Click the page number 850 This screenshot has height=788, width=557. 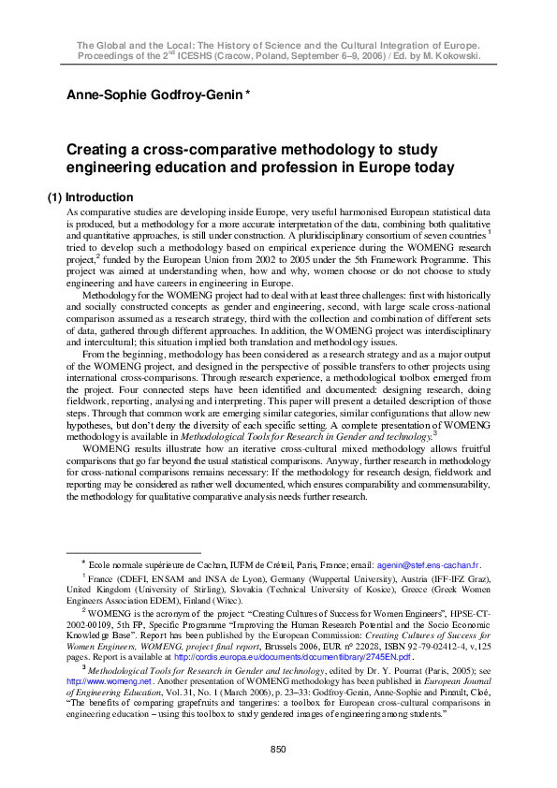pos(278,749)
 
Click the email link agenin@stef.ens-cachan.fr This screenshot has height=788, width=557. pos(428,565)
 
